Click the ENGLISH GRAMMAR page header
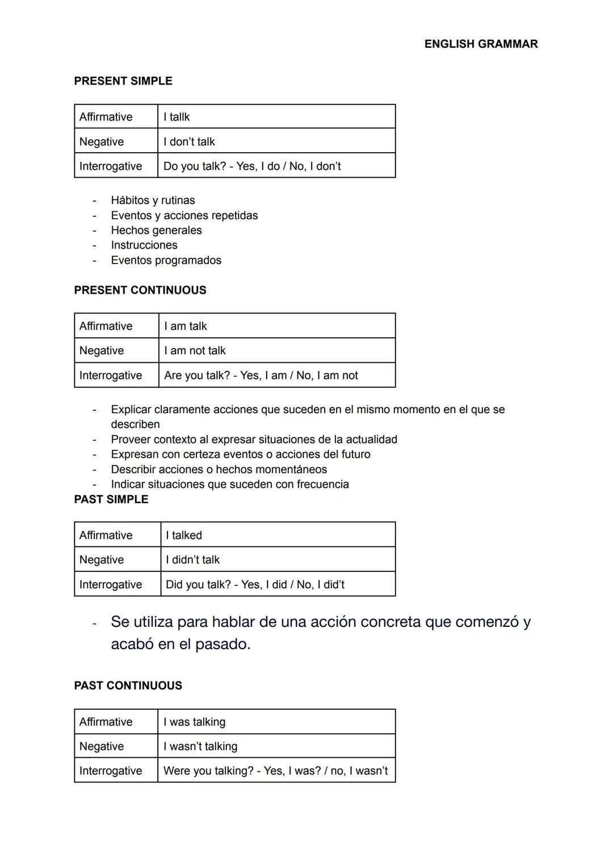[481, 44]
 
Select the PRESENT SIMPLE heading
[123, 81]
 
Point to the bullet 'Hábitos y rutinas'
[153, 200]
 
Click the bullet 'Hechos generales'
[156, 231]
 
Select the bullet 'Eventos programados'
[166, 261]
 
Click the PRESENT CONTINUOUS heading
[140, 290]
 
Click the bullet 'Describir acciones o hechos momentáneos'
[219, 470]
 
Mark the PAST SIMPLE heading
[111, 500]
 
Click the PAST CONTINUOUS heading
[128, 686]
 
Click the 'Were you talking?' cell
[275, 771]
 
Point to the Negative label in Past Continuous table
[102, 747]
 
